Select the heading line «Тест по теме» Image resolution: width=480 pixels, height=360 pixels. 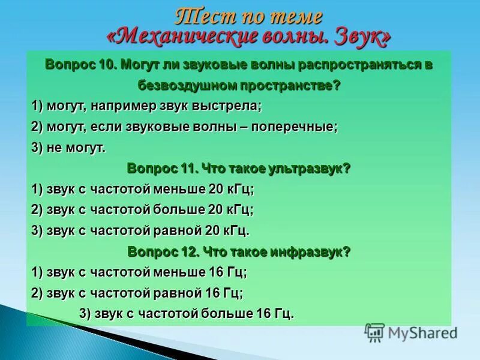tap(248, 16)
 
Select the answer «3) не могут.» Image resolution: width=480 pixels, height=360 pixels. tap(68, 148)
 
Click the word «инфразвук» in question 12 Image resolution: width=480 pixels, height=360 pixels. tap(310, 251)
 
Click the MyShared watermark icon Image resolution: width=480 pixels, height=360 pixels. tap(374, 332)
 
